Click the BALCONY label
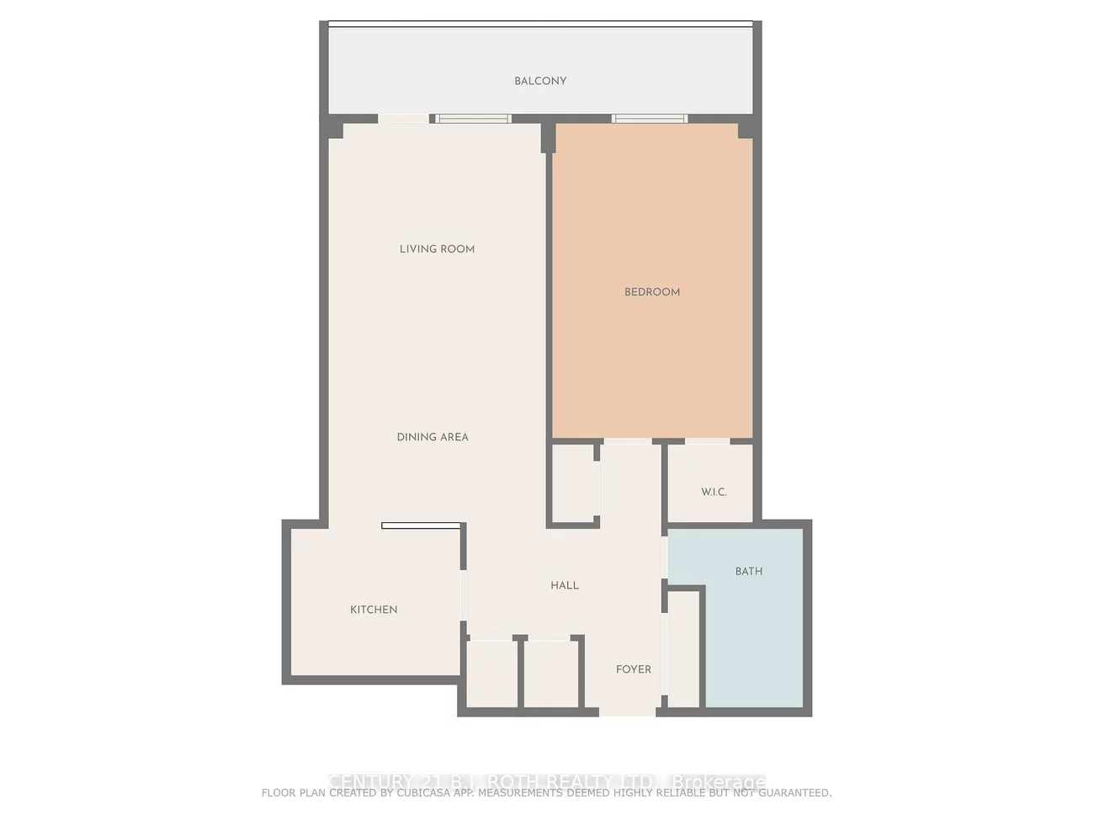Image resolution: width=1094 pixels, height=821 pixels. pyautogui.click(x=540, y=81)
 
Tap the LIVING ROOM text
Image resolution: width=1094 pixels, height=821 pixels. pyautogui.click(x=437, y=248)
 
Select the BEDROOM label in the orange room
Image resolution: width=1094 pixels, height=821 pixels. pyautogui.click(x=652, y=292)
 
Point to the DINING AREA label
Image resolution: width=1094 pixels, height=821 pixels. pyautogui.click(x=433, y=437)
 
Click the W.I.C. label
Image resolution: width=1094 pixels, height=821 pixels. pyautogui.click(x=714, y=492)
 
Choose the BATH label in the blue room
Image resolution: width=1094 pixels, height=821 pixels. pyautogui.click(x=748, y=571)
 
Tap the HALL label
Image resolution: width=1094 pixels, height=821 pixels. pyautogui.click(x=565, y=585)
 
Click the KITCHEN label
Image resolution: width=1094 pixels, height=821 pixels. pyautogui.click(x=374, y=610)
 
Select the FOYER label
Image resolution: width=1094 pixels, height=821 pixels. pyautogui.click(x=634, y=669)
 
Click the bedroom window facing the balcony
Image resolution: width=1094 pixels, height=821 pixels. pyautogui.click(x=649, y=119)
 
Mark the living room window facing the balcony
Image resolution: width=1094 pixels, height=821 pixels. pyautogui.click(x=473, y=119)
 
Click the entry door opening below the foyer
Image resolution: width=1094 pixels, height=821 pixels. pyautogui.click(x=627, y=712)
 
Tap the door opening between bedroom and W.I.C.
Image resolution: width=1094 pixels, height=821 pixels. pyautogui.click(x=707, y=440)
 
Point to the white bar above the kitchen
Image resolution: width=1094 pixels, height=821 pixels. pyautogui.click(x=421, y=525)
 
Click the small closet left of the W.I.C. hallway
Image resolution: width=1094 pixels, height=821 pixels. pyautogui.click(x=572, y=483)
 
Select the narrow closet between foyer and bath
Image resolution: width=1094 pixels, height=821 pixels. pyautogui.click(x=683, y=648)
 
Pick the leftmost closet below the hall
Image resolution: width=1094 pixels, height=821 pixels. pyautogui.click(x=491, y=674)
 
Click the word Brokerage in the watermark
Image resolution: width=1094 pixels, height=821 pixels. pyautogui.click(x=720, y=782)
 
